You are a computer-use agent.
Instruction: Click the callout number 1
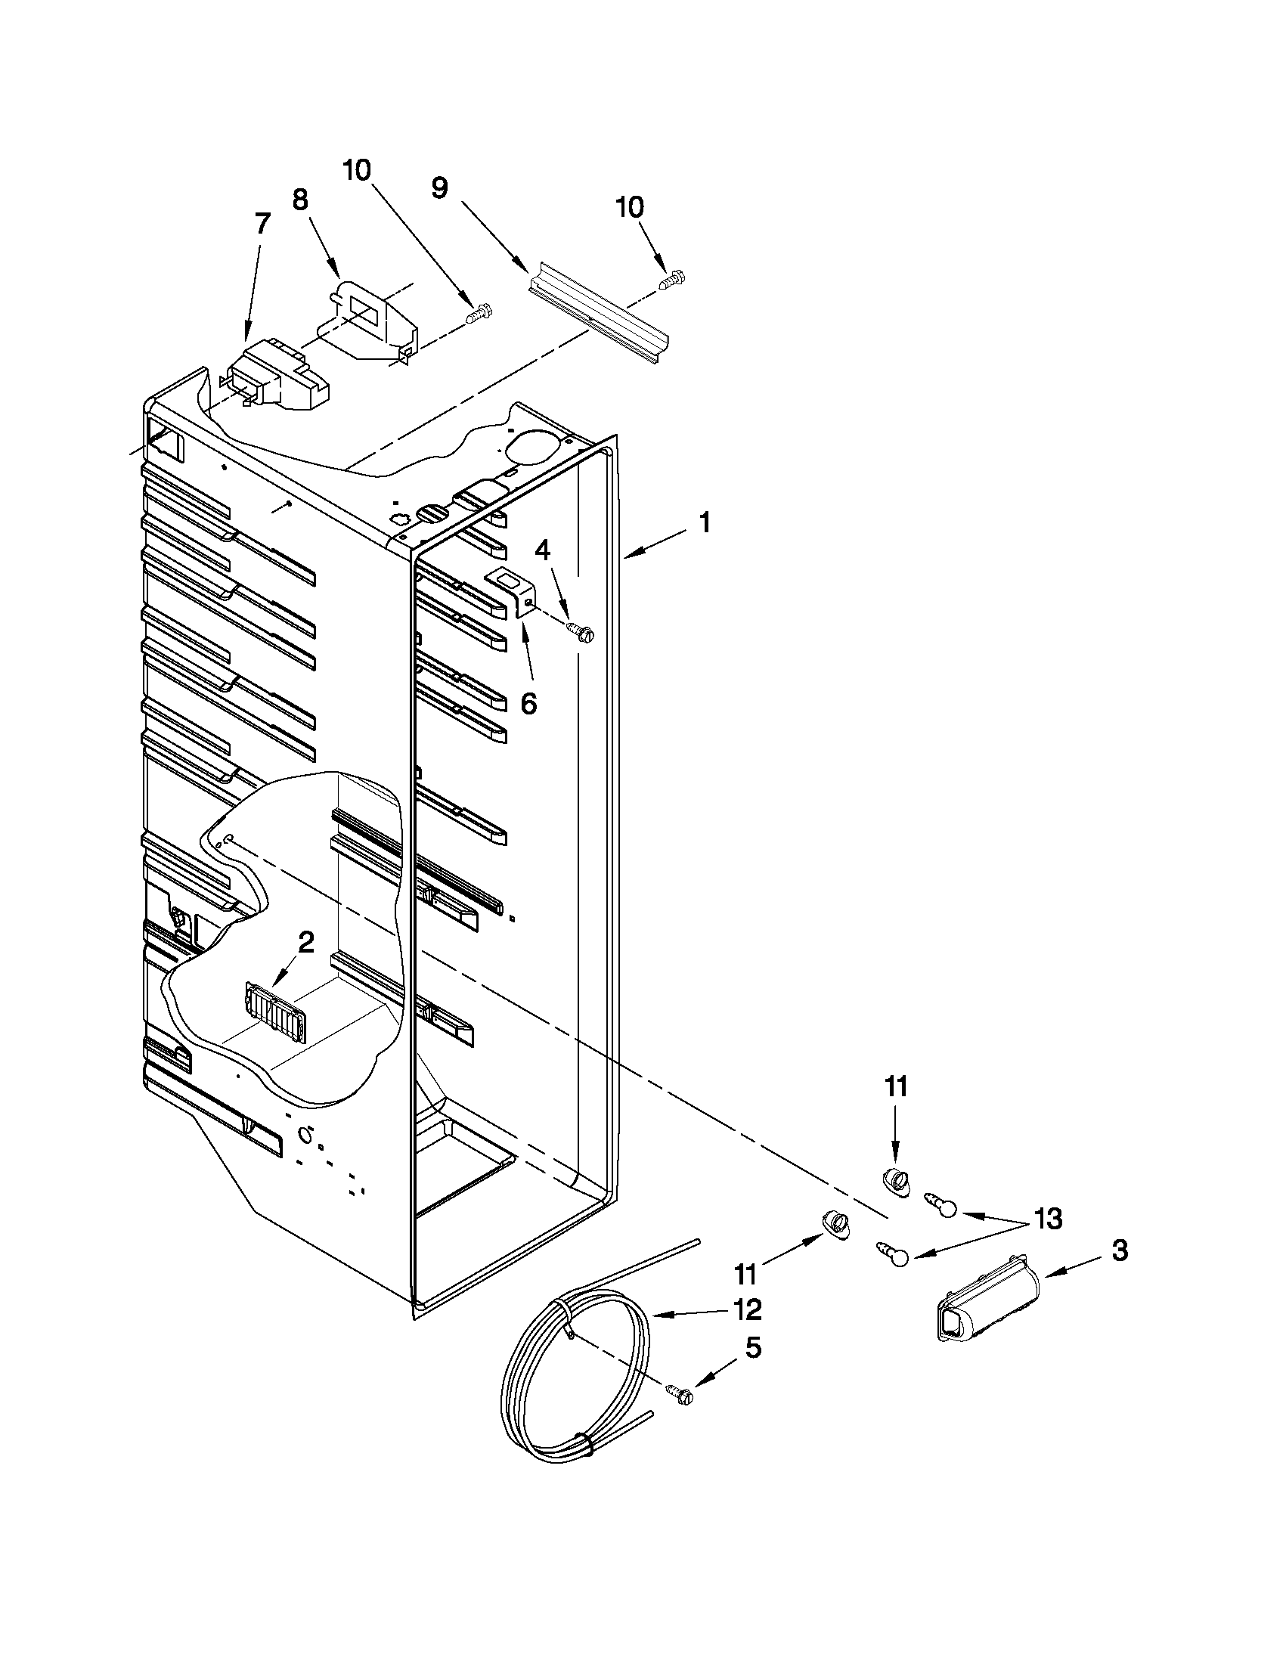[705, 523]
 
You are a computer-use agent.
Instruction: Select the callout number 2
[305, 943]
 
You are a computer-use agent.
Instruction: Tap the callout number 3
[1117, 1250]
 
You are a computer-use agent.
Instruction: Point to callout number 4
[541, 550]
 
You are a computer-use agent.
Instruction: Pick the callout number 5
[752, 1348]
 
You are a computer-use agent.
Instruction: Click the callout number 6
[528, 703]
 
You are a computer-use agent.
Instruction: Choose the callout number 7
[262, 224]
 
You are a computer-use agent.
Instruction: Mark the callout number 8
[300, 200]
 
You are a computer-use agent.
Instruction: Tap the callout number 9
[439, 187]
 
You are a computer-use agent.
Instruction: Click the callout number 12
[748, 1309]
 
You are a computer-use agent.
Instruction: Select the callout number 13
[1047, 1219]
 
